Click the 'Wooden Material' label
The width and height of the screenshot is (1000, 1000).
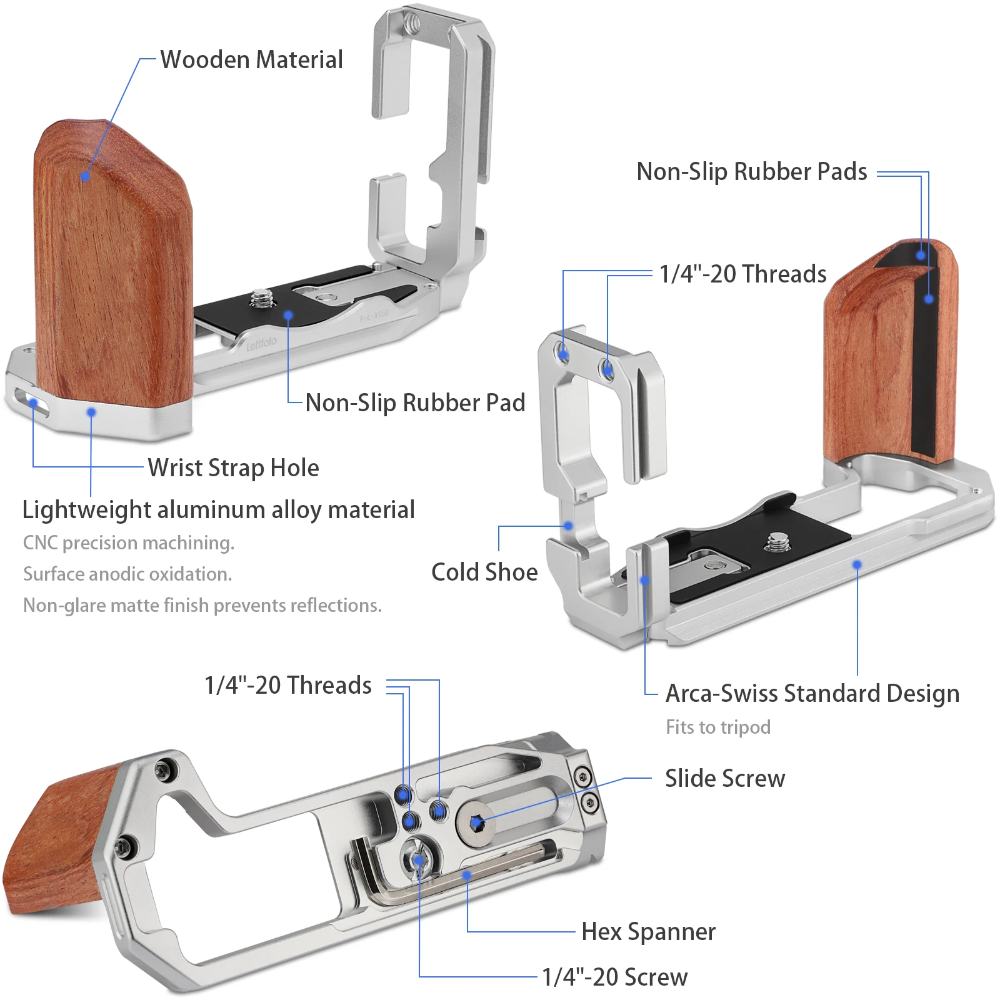point(251,60)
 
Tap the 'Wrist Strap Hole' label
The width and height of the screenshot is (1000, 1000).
point(233,467)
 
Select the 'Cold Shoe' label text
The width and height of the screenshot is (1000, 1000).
point(484,572)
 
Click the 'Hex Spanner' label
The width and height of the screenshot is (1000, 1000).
point(648,931)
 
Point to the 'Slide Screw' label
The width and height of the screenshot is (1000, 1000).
point(724,778)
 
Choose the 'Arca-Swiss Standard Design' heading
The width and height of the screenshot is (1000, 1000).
point(812,693)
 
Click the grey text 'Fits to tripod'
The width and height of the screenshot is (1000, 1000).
point(717,727)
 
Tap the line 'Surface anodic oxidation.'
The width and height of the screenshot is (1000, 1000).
point(127,574)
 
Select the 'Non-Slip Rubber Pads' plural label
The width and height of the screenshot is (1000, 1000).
point(751,171)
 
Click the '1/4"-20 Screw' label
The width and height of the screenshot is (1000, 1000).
point(614,977)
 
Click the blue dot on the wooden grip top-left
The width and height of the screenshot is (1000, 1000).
point(86,177)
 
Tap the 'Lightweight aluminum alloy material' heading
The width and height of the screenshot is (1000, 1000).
point(218,509)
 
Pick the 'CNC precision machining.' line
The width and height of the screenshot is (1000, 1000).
point(129,542)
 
